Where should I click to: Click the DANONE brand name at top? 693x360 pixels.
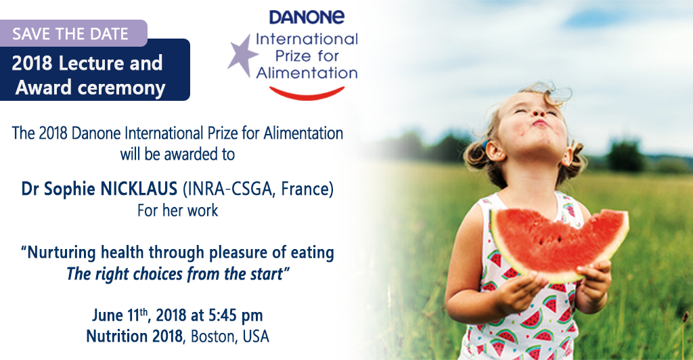[x=307, y=17]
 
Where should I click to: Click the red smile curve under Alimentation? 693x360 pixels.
[x=307, y=93]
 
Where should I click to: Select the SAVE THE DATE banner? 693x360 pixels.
[x=73, y=34]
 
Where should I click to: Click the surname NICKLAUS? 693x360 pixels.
[x=139, y=189]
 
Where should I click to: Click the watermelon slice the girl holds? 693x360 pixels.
[x=559, y=244]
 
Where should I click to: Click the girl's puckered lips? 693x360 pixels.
[x=539, y=122]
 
